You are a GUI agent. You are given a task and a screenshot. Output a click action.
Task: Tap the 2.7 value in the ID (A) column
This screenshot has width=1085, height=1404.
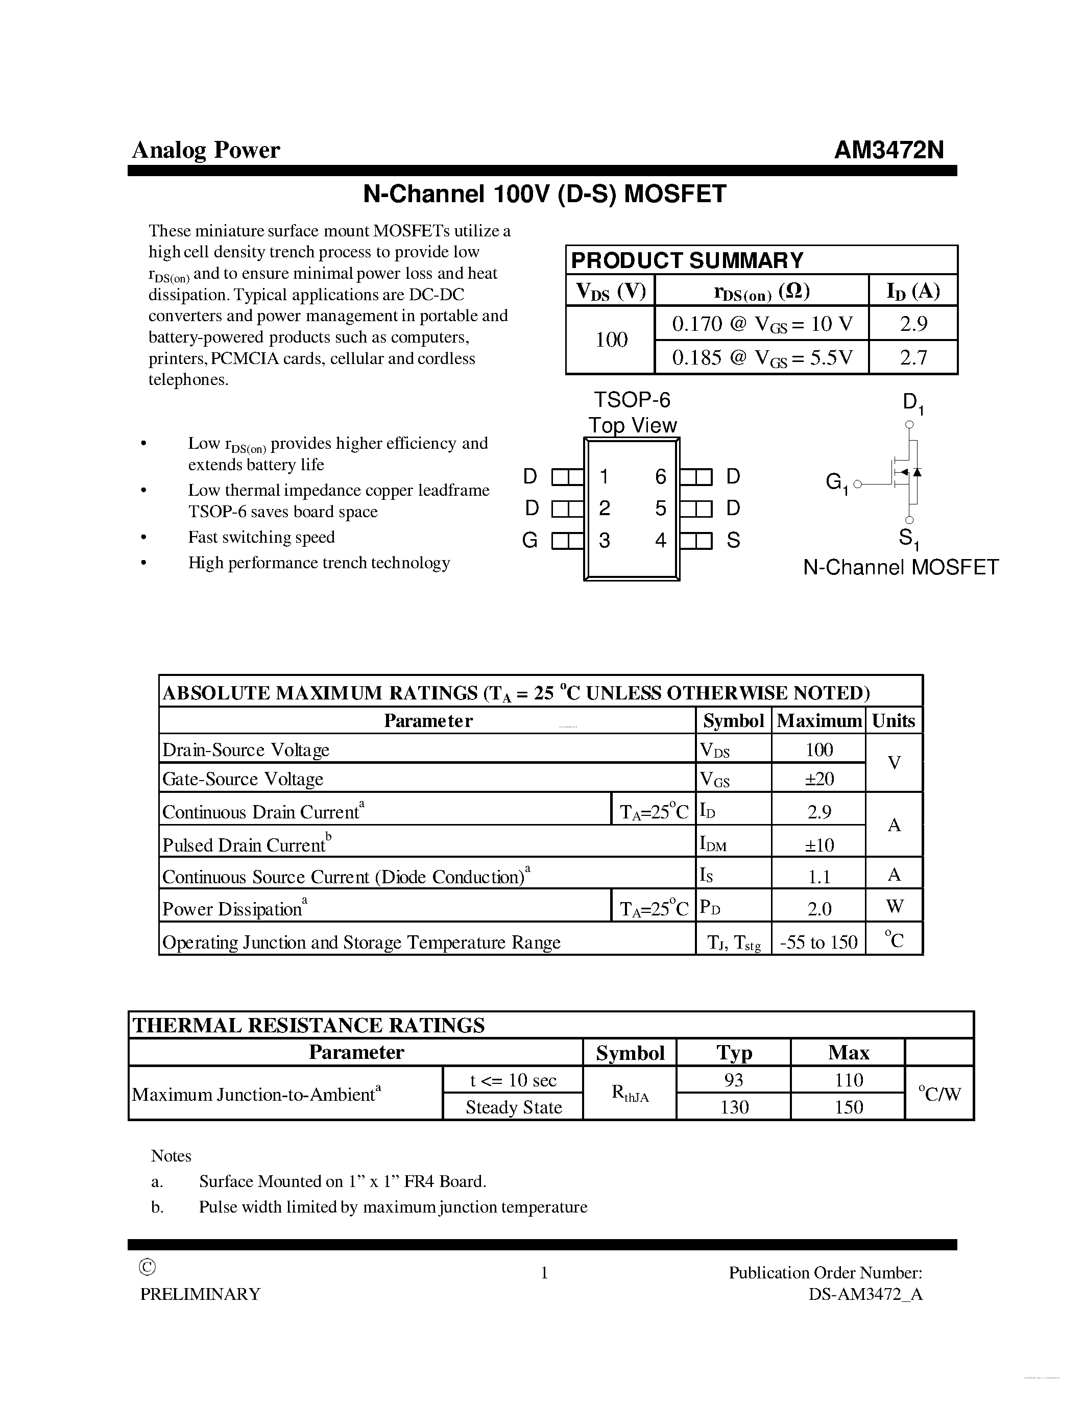point(913,357)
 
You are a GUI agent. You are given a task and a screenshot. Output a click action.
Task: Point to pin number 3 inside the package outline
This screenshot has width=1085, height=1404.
point(604,541)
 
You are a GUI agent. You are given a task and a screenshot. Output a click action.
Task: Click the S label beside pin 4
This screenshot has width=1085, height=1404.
point(733,541)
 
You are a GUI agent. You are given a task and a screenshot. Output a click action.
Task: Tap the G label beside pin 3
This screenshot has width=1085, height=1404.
point(529,541)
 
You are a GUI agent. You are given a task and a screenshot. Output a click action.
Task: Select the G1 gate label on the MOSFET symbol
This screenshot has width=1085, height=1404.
point(836,482)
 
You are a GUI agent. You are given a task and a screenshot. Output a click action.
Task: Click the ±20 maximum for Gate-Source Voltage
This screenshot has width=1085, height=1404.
point(819,779)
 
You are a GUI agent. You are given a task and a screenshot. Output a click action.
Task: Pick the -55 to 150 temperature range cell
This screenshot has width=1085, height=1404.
point(818,942)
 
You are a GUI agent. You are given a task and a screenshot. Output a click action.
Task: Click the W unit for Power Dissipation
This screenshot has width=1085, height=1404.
point(894,906)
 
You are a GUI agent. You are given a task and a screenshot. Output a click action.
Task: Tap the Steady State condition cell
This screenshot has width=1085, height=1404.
point(514,1107)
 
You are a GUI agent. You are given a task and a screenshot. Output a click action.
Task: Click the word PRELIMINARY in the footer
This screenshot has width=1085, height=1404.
point(201,1294)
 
